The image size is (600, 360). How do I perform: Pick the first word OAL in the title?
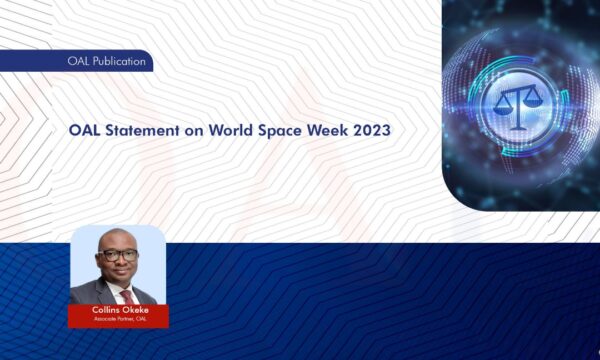(x=85, y=131)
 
